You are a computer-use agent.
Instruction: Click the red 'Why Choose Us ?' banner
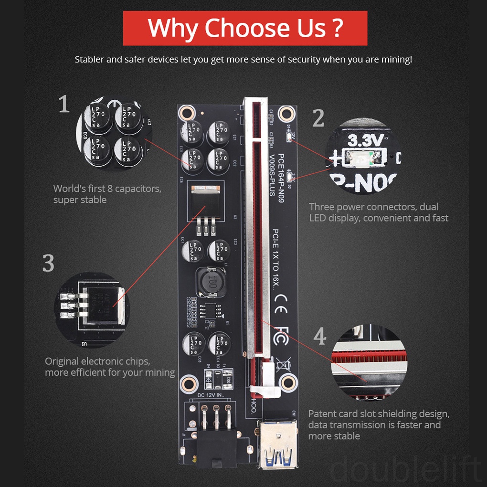pos(245,28)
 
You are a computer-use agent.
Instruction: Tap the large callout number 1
pos(64,104)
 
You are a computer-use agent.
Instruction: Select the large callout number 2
pos(318,118)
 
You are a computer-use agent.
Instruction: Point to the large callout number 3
pos(48,264)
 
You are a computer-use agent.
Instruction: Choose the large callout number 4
pos(320,337)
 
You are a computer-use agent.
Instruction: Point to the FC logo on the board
pos(282,335)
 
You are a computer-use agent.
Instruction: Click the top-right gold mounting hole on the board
pos(286,113)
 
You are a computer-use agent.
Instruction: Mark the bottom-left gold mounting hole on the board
pos(189,382)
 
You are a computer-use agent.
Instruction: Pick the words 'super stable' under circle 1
pos(80,200)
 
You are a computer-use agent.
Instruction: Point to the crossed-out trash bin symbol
pos(282,365)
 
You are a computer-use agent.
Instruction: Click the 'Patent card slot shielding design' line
pos(379,413)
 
